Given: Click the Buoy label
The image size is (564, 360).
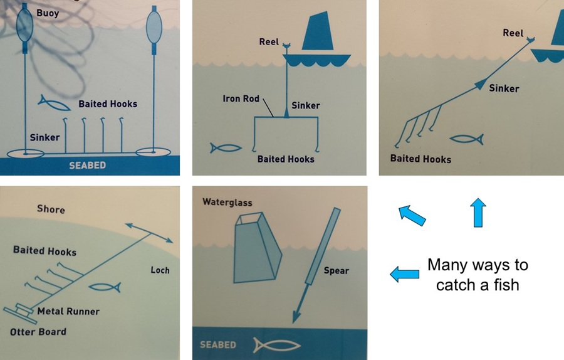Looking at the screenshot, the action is click(x=48, y=13).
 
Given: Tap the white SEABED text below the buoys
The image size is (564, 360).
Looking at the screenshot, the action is click(x=87, y=166).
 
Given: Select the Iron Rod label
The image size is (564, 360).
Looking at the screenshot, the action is click(x=241, y=98).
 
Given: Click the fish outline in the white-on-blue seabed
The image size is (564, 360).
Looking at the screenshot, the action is click(x=276, y=345).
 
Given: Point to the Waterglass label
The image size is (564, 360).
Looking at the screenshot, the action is click(x=227, y=202).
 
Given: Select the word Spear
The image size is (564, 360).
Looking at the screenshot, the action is click(x=337, y=271).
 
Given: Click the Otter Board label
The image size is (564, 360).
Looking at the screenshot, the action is click(x=38, y=332).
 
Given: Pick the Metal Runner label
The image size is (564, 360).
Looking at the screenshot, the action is click(x=68, y=311).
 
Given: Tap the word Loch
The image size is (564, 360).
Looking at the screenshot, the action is click(x=160, y=270).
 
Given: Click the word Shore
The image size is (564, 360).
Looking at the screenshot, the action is click(x=51, y=209).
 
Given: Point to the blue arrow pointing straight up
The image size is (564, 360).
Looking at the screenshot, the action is click(x=478, y=213).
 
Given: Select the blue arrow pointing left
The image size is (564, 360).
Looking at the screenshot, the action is click(x=405, y=274).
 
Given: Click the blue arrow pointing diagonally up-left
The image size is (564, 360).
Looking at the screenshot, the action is click(x=412, y=215).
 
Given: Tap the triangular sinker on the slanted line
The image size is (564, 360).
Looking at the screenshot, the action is click(x=480, y=84).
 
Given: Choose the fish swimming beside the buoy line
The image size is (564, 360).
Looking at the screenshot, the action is click(x=54, y=103).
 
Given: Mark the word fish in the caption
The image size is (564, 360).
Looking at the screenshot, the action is click(x=506, y=285).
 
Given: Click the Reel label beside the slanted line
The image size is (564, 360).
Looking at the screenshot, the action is click(x=513, y=33).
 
